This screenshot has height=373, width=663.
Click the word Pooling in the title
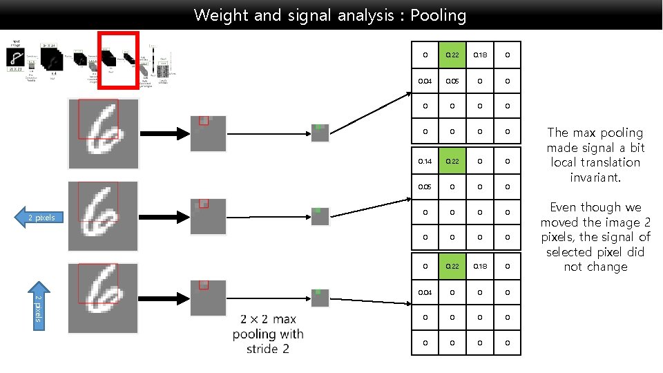(438, 15)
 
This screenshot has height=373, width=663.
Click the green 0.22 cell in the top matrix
(452, 55)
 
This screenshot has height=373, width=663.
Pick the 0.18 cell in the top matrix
(479, 55)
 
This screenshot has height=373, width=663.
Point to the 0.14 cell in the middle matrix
(425, 161)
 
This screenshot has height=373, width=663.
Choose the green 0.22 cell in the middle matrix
(452, 161)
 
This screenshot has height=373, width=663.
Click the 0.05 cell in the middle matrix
(425, 186)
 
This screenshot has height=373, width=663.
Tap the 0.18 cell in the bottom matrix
(479, 267)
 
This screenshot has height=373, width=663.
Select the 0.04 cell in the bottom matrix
(425, 292)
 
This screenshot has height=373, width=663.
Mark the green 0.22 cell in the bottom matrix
(452, 267)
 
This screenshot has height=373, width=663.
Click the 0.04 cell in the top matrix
(425, 80)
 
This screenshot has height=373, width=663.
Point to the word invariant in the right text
(595, 178)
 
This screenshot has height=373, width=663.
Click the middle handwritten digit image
(103, 216)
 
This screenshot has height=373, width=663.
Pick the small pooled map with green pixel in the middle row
(320, 216)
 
